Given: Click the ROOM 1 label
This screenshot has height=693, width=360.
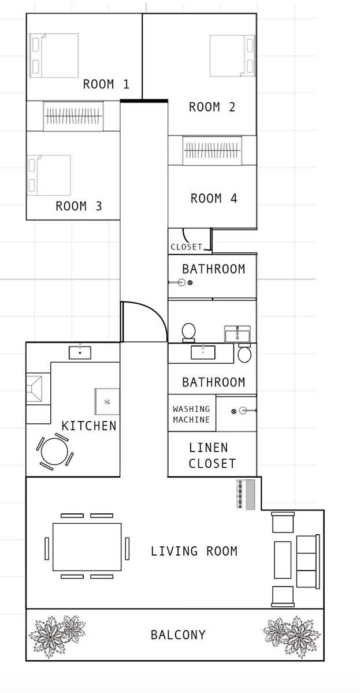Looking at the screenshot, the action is pos(106,84).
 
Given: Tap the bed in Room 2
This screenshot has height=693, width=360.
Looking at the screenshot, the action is pos(232,55).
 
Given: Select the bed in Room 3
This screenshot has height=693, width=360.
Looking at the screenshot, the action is pos(49,175).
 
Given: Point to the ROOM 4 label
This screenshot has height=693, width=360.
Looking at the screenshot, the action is pos(214,198).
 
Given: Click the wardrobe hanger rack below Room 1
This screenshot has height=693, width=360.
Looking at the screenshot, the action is pos(73,116).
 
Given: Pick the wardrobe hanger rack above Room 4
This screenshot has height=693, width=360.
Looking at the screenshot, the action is pos(212,150).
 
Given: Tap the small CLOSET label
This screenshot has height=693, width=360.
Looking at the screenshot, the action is pos(186,247).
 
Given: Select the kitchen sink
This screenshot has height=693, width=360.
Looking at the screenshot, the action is pos(80,352).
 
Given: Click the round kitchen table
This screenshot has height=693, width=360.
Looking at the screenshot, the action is pos(54,452).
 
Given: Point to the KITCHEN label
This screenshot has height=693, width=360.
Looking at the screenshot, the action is pos(89,426).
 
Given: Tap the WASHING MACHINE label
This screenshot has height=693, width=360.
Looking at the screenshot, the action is pos(191,414).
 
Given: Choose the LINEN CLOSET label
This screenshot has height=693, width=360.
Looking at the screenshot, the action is pos(212,456).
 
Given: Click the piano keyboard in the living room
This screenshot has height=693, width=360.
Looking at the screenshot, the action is pos(246,494).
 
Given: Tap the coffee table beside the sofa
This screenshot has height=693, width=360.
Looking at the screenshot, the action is pos(283,560).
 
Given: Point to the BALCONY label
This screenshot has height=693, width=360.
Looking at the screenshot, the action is pos(178,635).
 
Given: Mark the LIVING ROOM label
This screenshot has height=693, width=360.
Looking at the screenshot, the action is pos(194,551).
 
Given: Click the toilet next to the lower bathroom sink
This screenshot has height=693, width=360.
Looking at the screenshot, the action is pos(244,354).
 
